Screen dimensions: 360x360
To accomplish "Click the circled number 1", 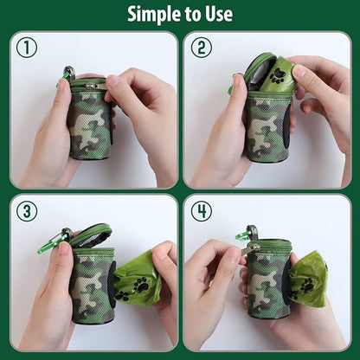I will (x=27, y=48).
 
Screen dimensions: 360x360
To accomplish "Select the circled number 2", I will (x=201, y=48).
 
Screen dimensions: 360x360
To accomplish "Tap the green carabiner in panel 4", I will (x=245, y=235).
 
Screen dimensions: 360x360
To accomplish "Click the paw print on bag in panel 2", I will (x=277, y=76).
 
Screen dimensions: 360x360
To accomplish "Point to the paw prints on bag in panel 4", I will (x=303, y=286).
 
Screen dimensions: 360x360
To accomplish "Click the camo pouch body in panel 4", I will (x=266, y=286).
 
